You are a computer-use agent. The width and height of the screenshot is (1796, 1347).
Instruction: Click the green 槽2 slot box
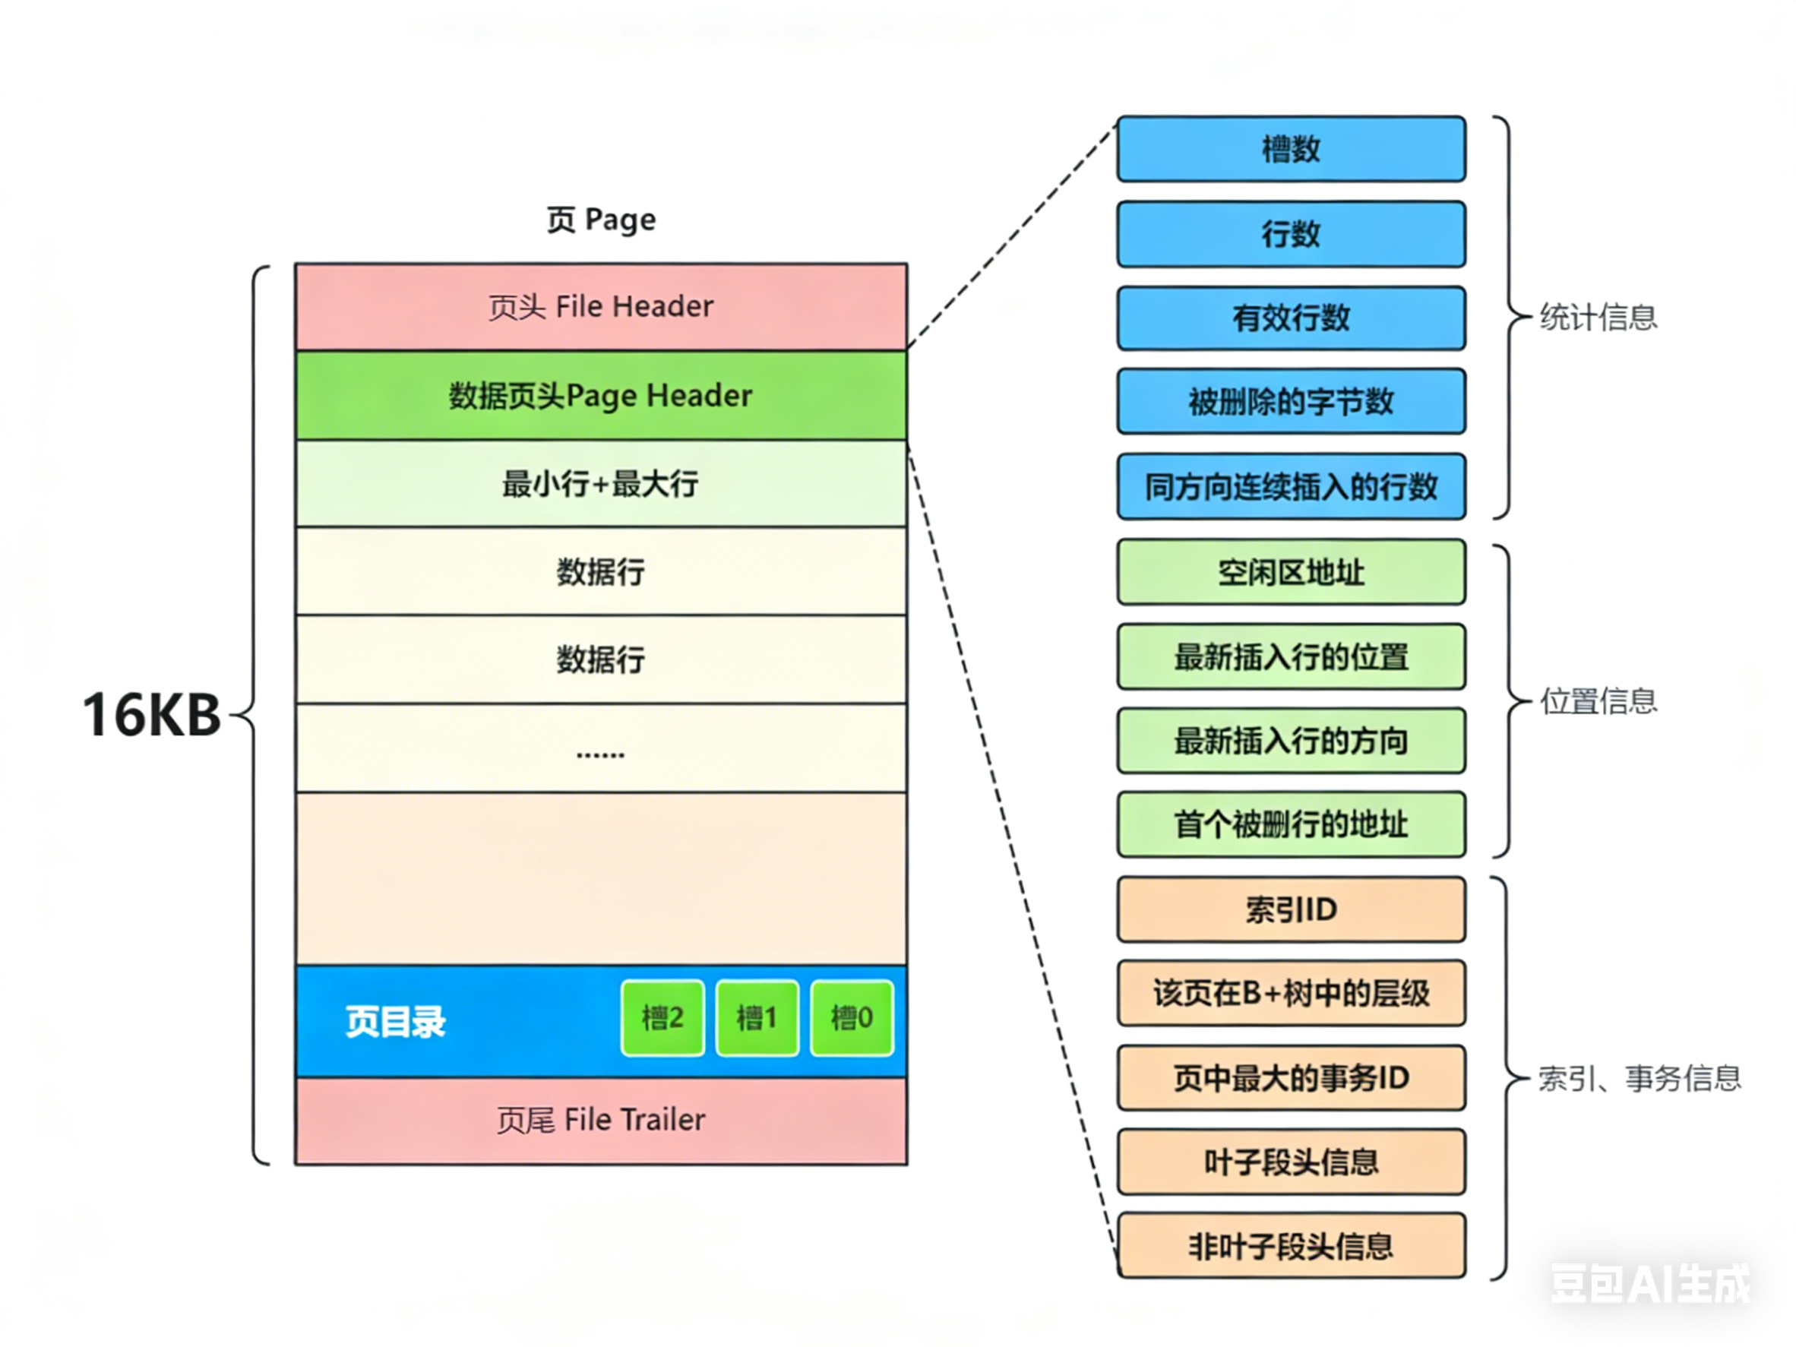click(x=662, y=1017)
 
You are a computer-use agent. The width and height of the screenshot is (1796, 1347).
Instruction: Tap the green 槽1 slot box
click(x=757, y=1017)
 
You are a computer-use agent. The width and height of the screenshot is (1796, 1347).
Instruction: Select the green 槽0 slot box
click(x=852, y=1017)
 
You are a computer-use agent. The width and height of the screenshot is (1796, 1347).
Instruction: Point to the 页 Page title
click(x=601, y=220)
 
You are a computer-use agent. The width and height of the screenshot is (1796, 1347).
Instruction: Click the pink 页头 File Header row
click(x=601, y=307)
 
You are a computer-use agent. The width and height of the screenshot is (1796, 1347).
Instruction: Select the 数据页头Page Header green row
click(x=601, y=395)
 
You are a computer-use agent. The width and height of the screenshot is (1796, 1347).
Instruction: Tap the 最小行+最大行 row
click(x=601, y=484)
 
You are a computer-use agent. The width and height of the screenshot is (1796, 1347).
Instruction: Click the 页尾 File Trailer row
click(x=601, y=1121)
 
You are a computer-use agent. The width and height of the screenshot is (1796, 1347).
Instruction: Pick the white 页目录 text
click(x=395, y=1021)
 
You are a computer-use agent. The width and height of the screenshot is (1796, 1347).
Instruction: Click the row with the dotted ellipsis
click(x=601, y=748)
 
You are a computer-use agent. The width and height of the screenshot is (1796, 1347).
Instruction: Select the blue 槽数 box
click(x=1291, y=150)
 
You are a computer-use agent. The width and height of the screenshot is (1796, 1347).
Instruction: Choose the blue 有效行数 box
click(x=1291, y=318)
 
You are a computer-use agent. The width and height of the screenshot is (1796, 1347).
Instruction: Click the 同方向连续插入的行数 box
click(x=1291, y=487)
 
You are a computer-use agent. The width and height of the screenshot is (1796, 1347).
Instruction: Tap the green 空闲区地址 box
click(x=1291, y=572)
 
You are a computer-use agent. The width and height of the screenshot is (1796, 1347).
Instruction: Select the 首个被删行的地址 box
click(x=1291, y=825)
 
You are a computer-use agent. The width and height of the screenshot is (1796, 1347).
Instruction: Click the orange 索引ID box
click(x=1291, y=909)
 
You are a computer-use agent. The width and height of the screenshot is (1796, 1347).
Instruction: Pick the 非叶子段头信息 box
click(x=1291, y=1246)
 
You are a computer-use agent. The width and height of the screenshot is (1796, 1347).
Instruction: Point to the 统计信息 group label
click(x=1598, y=318)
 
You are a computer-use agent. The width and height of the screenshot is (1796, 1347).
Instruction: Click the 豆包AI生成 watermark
click(x=1651, y=1284)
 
